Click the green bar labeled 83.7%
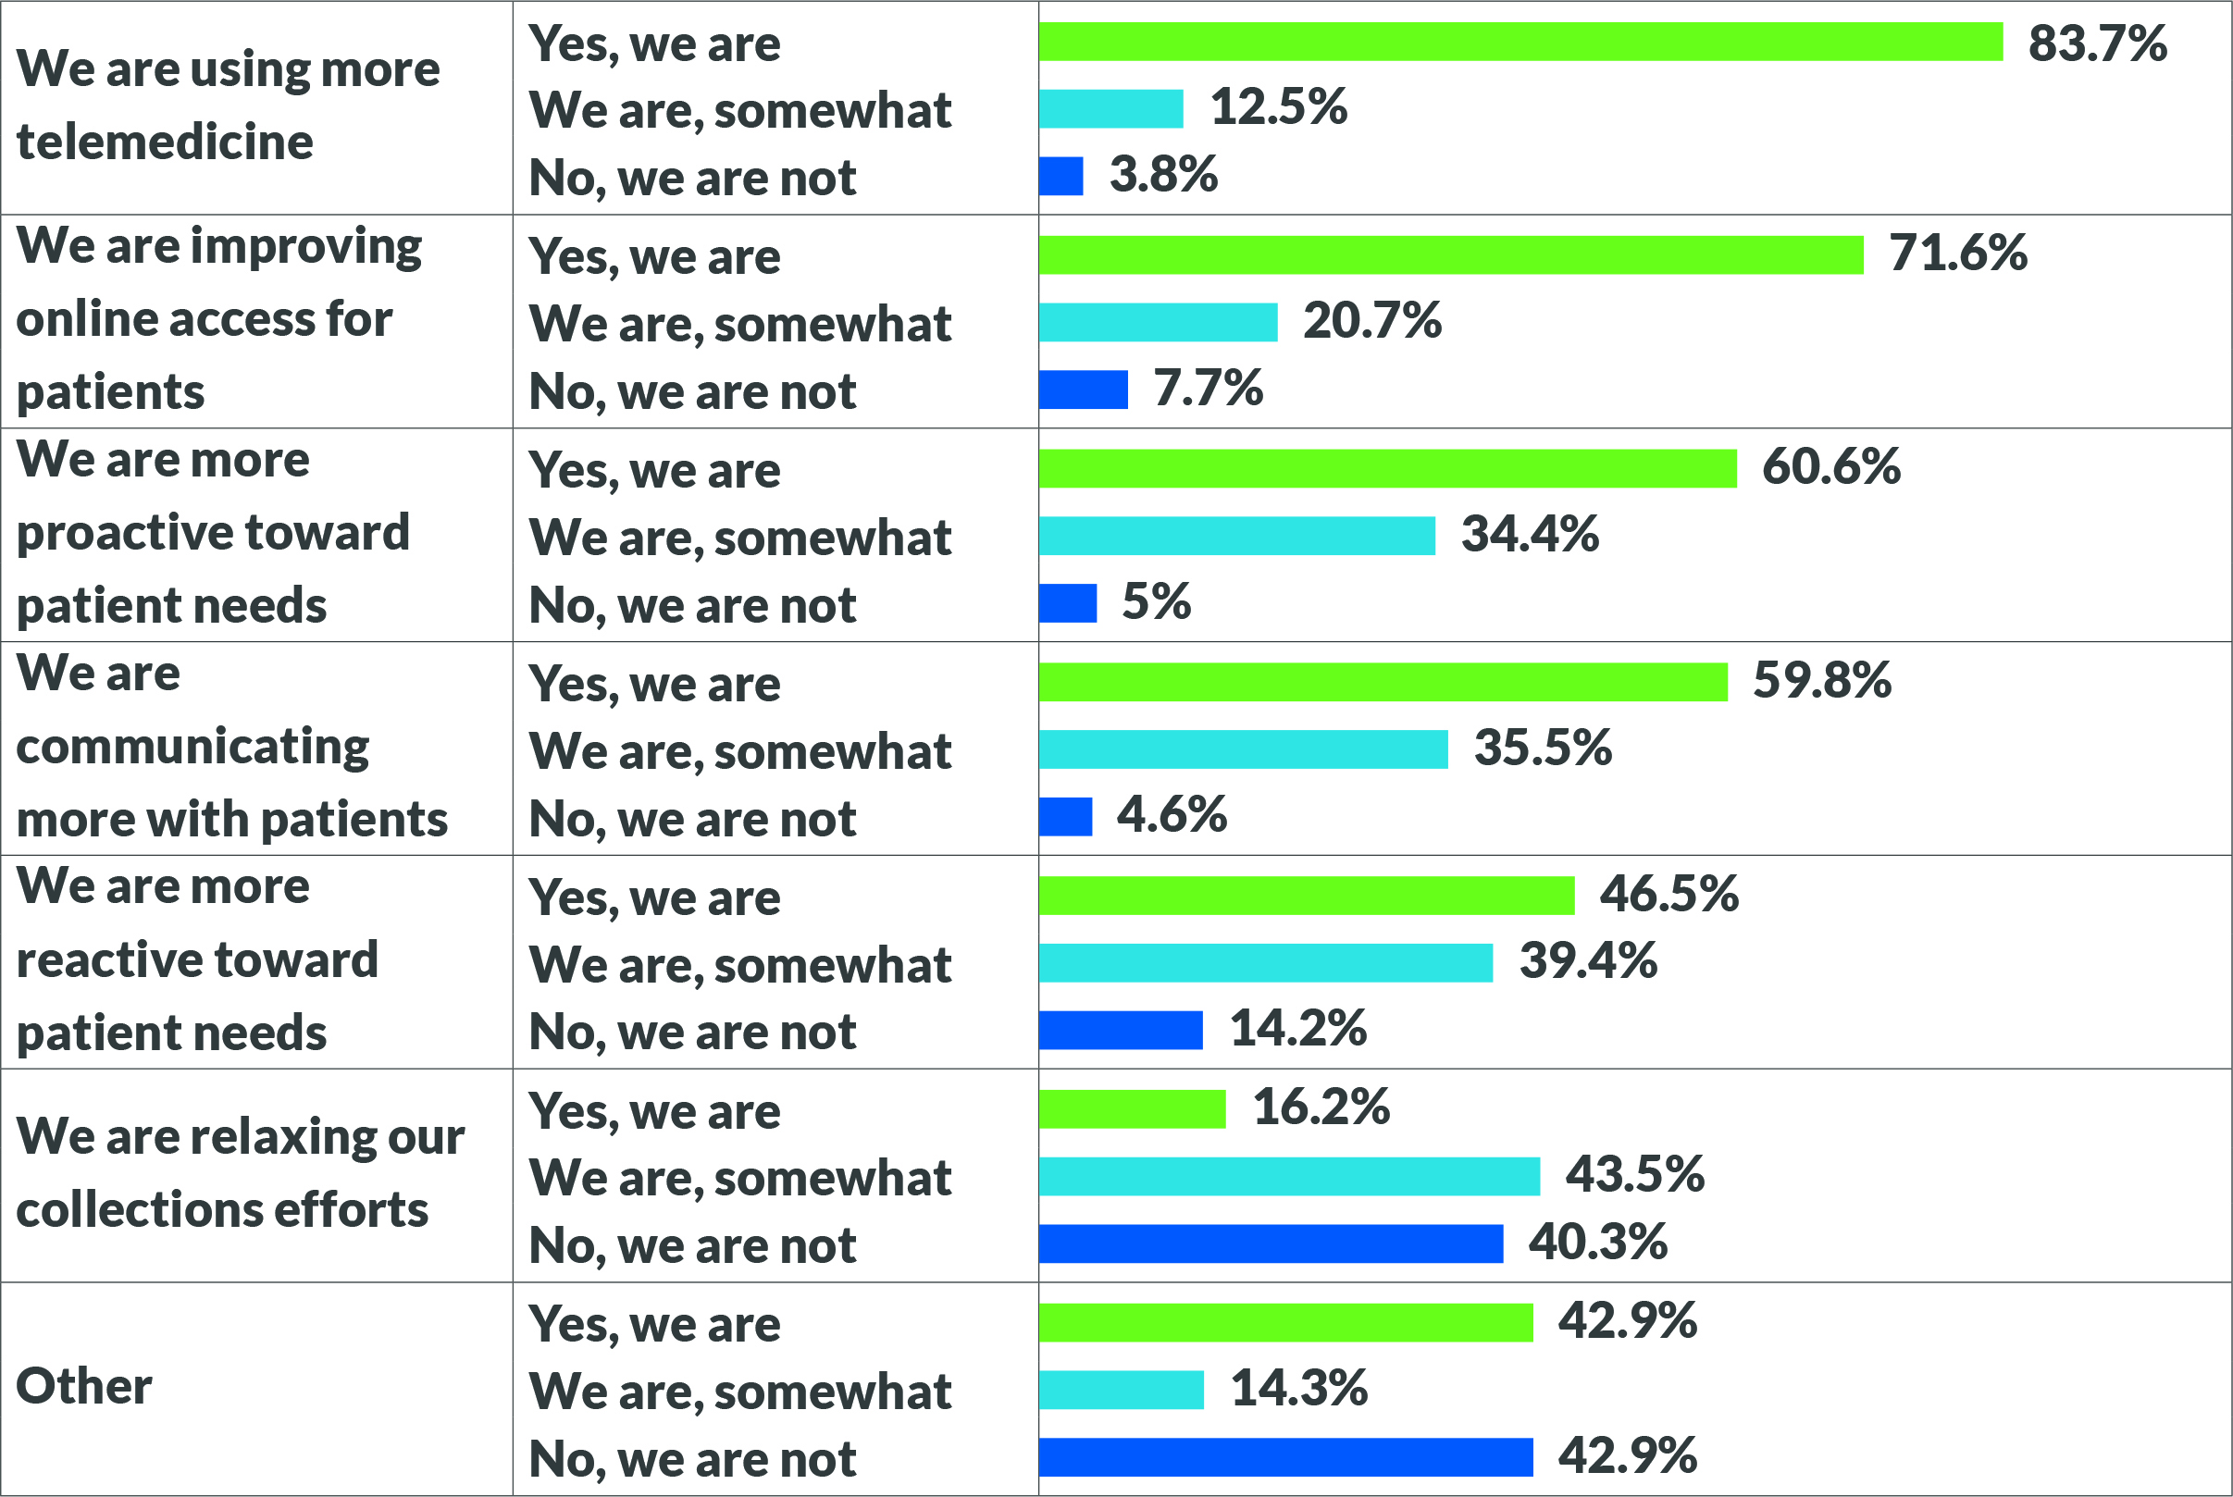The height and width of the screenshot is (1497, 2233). tap(1520, 42)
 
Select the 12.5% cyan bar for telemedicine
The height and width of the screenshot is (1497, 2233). tap(1110, 109)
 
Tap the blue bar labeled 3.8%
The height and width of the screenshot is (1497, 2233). tap(1061, 177)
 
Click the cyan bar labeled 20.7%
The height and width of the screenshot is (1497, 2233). tap(1157, 323)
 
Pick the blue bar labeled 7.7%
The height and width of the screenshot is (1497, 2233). tap(1083, 390)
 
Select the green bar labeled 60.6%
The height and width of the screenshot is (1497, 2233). tap(1387, 469)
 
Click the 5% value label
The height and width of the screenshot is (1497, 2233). tap(1155, 601)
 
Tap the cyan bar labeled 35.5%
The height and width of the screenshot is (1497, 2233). tap(1243, 749)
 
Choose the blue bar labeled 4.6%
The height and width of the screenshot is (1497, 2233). tap(1065, 817)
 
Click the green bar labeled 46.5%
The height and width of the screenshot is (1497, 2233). tap(1306, 896)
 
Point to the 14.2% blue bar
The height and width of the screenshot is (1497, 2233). tap(1120, 1030)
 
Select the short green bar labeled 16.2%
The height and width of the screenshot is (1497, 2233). tap(1131, 1109)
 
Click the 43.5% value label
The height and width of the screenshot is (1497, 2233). tap(1634, 1174)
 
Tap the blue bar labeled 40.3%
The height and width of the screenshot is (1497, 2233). tap(1271, 1244)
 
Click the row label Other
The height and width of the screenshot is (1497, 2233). tap(84, 1386)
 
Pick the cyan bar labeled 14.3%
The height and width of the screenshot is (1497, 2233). tap(1121, 1390)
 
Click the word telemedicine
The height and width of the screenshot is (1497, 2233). tap(165, 142)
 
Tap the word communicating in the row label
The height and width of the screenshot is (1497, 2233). tap(192, 747)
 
